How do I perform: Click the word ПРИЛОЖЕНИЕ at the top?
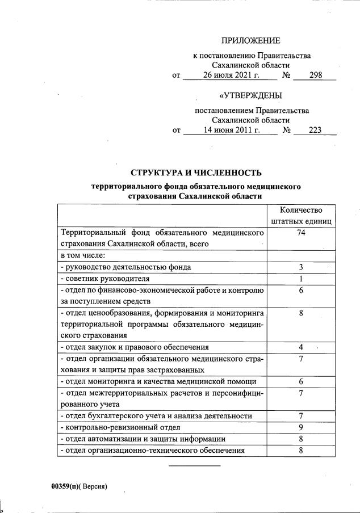point(250,40)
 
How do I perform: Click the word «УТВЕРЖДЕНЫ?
point(250,95)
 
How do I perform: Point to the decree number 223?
point(315,130)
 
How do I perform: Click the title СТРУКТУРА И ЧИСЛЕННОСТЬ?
point(196,173)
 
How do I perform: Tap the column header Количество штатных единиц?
point(301,215)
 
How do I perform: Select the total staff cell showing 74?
point(301,233)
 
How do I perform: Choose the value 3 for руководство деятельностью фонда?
point(301,267)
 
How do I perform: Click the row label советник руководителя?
point(105,278)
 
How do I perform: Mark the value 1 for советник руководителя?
point(301,278)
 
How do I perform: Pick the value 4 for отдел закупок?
point(301,347)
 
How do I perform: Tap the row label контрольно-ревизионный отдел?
point(120,427)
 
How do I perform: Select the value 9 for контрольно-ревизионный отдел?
point(301,427)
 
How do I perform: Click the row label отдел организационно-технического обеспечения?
point(152,450)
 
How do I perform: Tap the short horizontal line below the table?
point(195,466)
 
